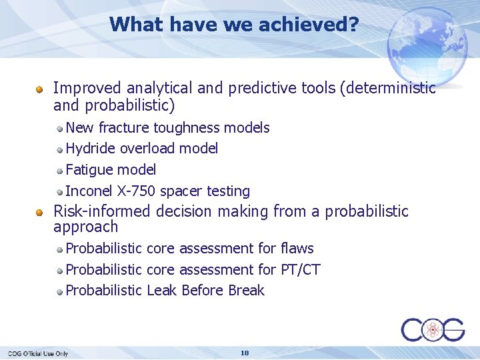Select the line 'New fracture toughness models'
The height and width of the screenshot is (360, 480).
click(167, 127)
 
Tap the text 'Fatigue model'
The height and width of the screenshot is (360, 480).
click(111, 169)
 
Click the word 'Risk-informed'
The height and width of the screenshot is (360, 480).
click(102, 211)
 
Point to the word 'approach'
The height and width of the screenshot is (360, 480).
click(85, 227)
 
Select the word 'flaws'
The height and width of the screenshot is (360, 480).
click(297, 249)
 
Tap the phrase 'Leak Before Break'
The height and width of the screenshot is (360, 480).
click(205, 291)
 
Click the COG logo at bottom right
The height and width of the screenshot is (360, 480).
click(433, 330)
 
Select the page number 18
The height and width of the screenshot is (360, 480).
click(245, 353)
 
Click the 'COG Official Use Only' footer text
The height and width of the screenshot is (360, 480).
click(38, 353)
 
